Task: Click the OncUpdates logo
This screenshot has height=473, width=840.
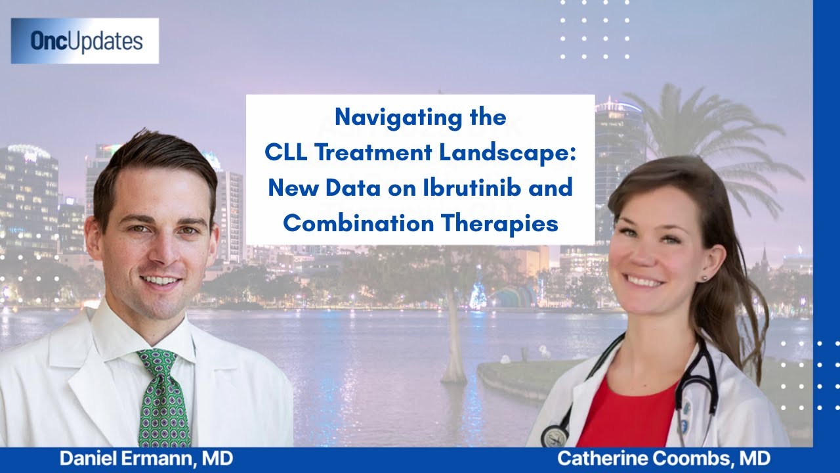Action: (85, 41)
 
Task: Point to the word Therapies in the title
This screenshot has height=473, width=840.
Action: (499, 224)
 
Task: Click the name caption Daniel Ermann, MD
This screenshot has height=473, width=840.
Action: (146, 459)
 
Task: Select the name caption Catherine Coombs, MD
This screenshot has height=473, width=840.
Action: (663, 459)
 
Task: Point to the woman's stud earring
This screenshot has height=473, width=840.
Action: (704, 278)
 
